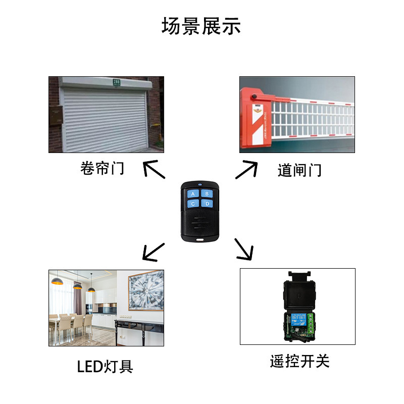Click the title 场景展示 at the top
(x=201, y=26)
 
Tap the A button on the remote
(x=193, y=193)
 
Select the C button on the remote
(x=193, y=204)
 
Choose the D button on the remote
(x=206, y=204)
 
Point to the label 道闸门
(x=299, y=170)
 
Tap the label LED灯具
(x=105, y=366)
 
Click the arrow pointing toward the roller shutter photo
(x=154, y=170)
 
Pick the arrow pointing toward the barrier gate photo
(x=246, y=170)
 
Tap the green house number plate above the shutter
(x=117, y=82)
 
